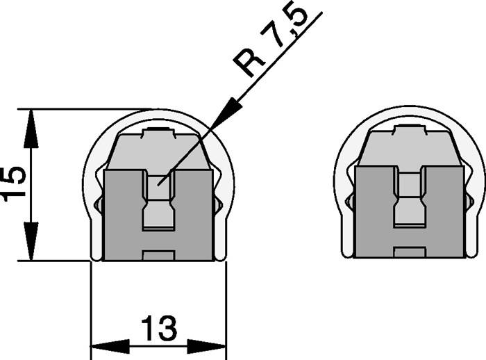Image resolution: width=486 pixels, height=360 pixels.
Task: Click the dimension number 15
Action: pyautogui.click(x=13, y=184)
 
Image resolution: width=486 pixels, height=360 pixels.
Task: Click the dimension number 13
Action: pyautogui.click(x=159, y=328)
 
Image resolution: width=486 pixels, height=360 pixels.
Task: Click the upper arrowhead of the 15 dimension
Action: pyautogui.click(x=31, y=128)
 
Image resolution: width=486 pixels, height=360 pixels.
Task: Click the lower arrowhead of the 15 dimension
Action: pyautogui.click(x=31, y=241)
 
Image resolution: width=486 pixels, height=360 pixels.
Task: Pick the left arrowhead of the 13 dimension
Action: pyautogui.click(x=110, y=346)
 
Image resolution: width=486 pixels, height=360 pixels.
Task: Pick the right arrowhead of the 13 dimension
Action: pyautogui.click(x=207, y=346)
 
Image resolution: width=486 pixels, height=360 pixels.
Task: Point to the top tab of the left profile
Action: pyautogui.click(x=159, y=133)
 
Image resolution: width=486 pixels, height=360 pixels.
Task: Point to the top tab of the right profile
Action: pyautogui.click(x=409, y=130)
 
